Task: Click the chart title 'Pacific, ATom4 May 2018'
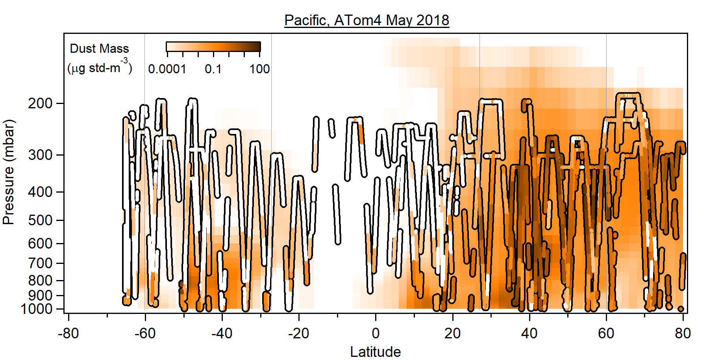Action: (x=366, y=20)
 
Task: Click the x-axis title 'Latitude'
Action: (x=375, y=352)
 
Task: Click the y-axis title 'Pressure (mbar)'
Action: (x=8, y=172)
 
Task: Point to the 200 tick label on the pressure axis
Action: (x=40, y=103)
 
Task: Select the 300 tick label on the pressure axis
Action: (x=40, y=155)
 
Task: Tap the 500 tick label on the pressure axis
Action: (x=40, y=220)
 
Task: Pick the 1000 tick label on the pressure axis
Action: (x=37, y=309)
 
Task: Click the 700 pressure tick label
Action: (x=40, y=263)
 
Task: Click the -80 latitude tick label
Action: (x=68, y=334)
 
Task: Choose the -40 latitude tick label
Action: (x=222, y=334)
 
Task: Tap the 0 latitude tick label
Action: (x=376, y=334)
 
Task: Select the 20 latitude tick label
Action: (x=452, y=334)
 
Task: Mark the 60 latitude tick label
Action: (x=606, y=334)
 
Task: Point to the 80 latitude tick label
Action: (x=683, y=334)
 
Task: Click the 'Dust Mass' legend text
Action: (x=99, y=48)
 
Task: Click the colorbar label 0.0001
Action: (x=167, y=69)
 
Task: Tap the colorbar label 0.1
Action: (x=213, y=69)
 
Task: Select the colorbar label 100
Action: (x=259, y=69)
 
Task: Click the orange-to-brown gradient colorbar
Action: (x=213, y=47)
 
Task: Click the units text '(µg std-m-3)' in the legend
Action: (x=100, y=68)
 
